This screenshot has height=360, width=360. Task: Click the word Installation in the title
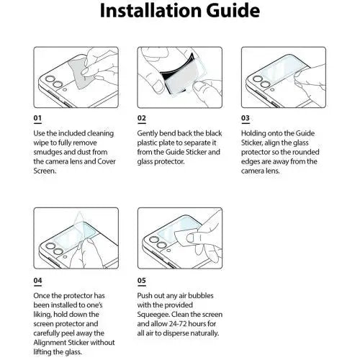click(150, 11)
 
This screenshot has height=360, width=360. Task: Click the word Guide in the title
click(233, 11)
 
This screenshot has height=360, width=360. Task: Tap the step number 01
click(37, 118)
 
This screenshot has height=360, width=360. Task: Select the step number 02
click(142, 118)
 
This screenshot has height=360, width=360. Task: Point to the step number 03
click(246, 118)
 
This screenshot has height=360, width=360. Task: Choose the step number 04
click(37, 280)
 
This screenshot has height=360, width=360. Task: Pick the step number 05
click(142, 280)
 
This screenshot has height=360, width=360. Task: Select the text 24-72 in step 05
click(178, 324)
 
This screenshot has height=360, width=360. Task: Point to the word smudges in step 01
click(47, 153)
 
